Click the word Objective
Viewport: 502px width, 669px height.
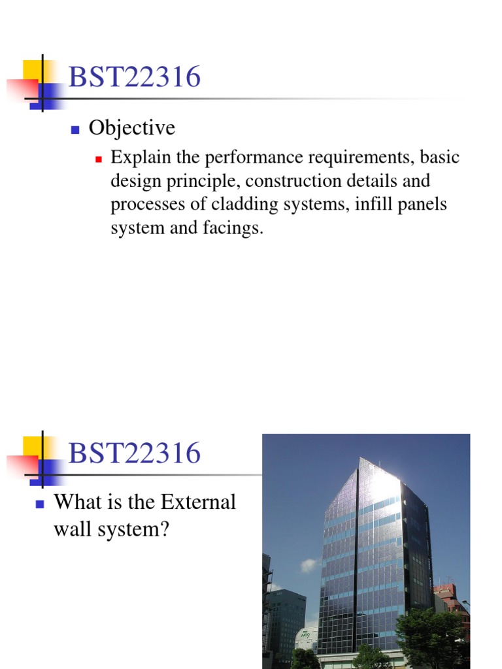pyautogui.click(x=132, y=128)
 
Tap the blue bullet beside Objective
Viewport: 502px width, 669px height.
pyautogui.click(x=75, y=129)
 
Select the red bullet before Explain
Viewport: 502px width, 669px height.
pyautogui.click(x=100, y=159)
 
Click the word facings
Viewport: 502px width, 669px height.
pyautogui.click(x=235, y=229)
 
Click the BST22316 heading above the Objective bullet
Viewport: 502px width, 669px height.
pyautogui.click(x=134, y=78)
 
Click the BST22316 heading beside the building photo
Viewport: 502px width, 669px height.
pyautogui.click(x=134, y=453)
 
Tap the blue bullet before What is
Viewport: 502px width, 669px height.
pyautogui.click(x=39, y=504)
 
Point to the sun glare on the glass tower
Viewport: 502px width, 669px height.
pyautogui.click(x=382, y=483)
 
